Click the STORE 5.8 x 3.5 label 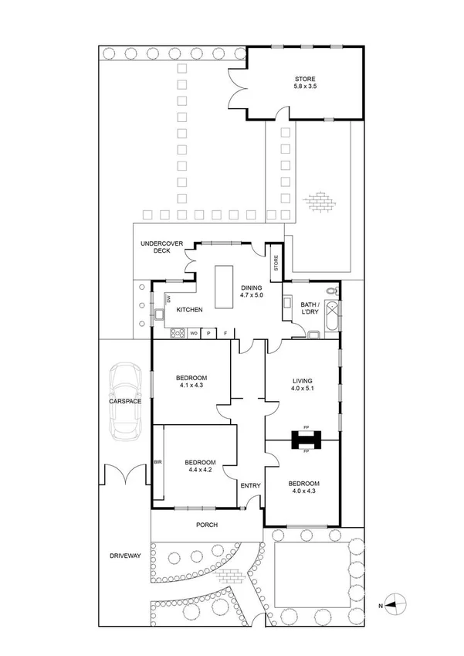pyautogui.click(x=304, y=83)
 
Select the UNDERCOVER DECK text pyautogui.click(x=161, y=247)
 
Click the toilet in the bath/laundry pyautogui.click(x=331, y=291)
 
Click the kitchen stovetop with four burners pyautogui.click(x=175, y=334)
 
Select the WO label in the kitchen pyautogui.click(x=193, y=334)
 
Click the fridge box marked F pyautogui.click(x=225, y=334)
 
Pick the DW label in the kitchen pyautogui.click(x=168, y=298)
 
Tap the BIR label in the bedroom pyautogui.click(x=158, y=461)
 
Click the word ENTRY pyautogui.click(x=250, y=485)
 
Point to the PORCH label pyautogui.click(x=206, y=525)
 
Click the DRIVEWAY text pyautogui.click(x=124, y=555)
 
